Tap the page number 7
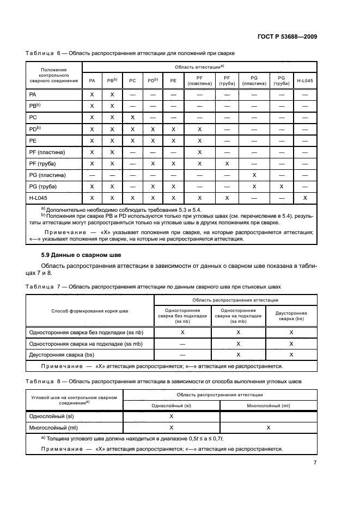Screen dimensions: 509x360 (x=315, y=463)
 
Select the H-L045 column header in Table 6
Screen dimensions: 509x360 (x=305, y=81)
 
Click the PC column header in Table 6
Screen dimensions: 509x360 (x=132, y=81)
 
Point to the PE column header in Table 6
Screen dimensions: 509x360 (x=173, y=81)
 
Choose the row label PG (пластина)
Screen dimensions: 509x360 (x=47, y=175)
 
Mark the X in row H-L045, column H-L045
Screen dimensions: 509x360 (x=305, y=198)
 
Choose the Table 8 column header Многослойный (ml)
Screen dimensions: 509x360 (x=269, y=406)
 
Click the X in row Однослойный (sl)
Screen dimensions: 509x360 (x=172, y=416)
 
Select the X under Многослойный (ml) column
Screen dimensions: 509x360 (x=269, y=428)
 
